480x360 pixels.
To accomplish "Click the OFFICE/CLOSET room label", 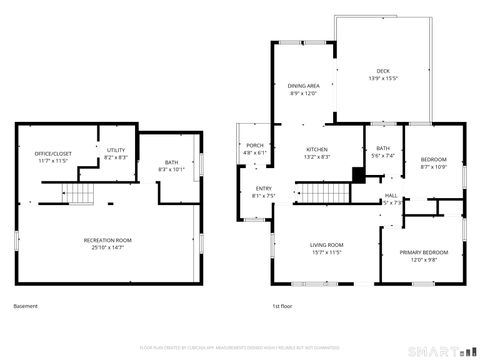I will pyautogui.click(x=39, y=157).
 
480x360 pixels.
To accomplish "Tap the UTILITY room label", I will pyautogui.click(x=116, y=154).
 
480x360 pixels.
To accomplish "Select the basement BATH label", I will pyautogui.click(x=172, y=166).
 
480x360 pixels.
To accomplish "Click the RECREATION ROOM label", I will pyautogui.click(x=107, y=243).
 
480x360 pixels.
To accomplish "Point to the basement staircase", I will pyautogui.click(x=80, y=194).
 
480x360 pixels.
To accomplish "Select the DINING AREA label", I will pyautogui.click(x=303, y=90).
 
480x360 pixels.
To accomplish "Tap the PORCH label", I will pyautogui.click(x=255, y=149).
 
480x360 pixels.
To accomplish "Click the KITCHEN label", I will pyautogui.click(x=317, y=153).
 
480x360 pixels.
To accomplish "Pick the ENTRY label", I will pyautogui.click(x=263, y=192).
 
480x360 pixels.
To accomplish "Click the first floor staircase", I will pyautogui.click(x=313, y=194).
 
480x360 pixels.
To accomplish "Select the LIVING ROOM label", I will pyautogui.click(x=326, y=249).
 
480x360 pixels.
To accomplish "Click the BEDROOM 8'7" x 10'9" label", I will pyautogui.click(x=433, y=163).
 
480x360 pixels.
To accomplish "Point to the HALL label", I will pyautogui.click(x=391, y=198).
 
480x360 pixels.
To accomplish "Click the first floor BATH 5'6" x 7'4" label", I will pyautogui.click(x=383, y=153).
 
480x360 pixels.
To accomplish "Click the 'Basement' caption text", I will pyautogui.click(x=27, y=305).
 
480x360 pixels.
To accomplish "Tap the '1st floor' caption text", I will pyautogui.click(x=283, y=305).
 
